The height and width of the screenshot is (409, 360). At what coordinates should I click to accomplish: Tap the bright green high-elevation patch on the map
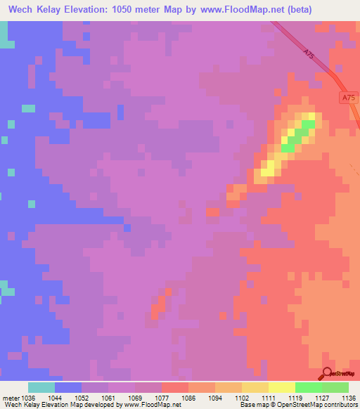[300, 134]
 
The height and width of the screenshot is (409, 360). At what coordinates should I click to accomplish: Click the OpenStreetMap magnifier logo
[328, 372]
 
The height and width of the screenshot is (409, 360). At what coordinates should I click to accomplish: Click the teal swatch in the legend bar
[41, 387]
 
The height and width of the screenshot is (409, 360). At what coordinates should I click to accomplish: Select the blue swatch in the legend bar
[68, 387]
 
